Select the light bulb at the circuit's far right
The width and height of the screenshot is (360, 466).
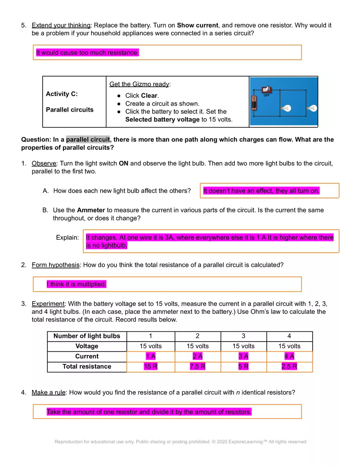pyautogui.click(x=312, y=108)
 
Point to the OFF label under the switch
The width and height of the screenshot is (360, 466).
pyautogui.click(x=266, y=95)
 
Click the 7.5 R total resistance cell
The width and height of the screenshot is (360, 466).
pyautogui.click(x=198, y=367)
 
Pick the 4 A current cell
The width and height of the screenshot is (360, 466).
pyautogui.click(x=289, y=356)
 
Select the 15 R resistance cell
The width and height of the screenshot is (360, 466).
pyautogui.click(x=151, y=367)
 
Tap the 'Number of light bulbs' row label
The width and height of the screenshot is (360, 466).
pyautogui.click(x=87, y=336)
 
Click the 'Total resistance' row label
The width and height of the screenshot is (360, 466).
pyautogui.click(x=87, y=367)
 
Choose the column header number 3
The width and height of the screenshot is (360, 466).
pyautogui.click(x=243, y=336)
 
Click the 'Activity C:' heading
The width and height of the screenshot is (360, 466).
pyautogui.click(x=62, y=94)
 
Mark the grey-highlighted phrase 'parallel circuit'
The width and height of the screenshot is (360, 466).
pyautogui.click(x=88, y=140)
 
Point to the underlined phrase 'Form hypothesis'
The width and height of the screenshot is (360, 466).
pyautogui.click(x=55, y=265)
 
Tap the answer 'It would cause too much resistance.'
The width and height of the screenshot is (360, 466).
pyautogui.click(x=88, y=53)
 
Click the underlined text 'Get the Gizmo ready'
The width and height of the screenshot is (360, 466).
pyautogui.click(x=139, y=84)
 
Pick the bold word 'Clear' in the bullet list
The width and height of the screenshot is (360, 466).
pyautogui.click(x=149, y=96)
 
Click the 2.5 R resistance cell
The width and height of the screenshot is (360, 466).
pyautogui.click(x=289, y=367)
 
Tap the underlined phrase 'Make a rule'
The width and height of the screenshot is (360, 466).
pyautogui.click(x=48, y=393)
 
